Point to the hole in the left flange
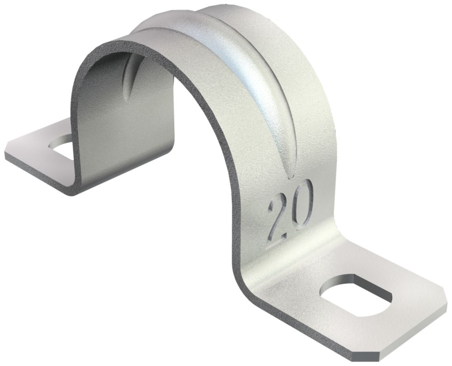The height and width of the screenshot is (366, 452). tap(61, 145)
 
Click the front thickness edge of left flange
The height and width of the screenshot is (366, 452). tap(36, 174)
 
